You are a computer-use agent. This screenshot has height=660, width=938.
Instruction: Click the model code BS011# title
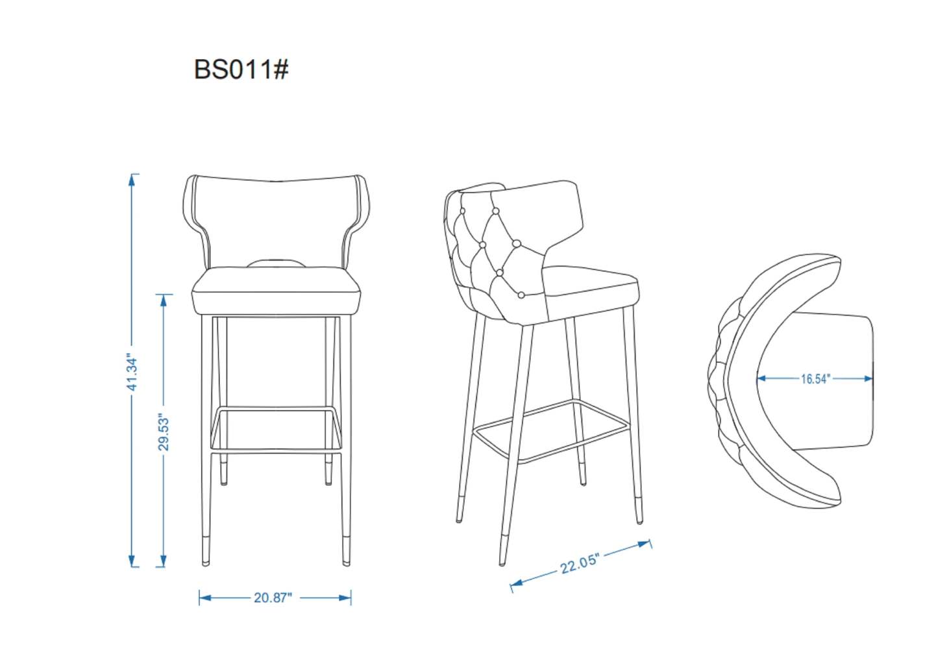(x=241, y=69)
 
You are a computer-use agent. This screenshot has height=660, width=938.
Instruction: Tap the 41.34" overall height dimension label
(x=132, y=373)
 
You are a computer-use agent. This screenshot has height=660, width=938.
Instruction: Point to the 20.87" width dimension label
(x=273, y=598)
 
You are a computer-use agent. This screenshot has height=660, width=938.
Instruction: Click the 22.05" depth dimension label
(x=580, y=563)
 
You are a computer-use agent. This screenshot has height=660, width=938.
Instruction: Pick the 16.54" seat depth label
(x=815, y=378)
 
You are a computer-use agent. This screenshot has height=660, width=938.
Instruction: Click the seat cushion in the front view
(x=276, y=292)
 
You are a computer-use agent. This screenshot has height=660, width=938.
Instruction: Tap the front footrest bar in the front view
(x=276, y=410)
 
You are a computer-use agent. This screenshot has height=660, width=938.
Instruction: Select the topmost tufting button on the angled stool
(x=495, y=211)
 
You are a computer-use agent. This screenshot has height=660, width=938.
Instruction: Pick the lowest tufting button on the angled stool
(x=521, y=295)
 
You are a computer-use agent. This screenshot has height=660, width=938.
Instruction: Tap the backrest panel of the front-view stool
(x=276, y=221)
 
